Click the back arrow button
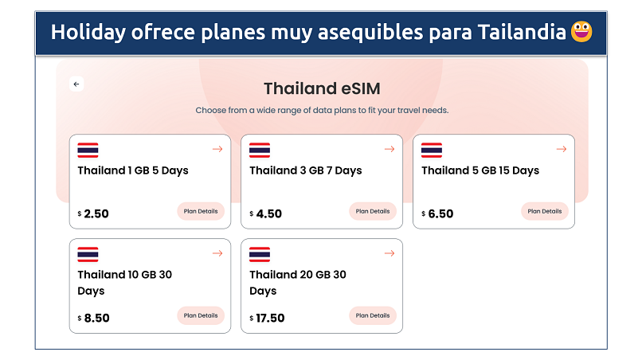pyautogui.click(x=76, y=84)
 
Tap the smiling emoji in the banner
pyautogui.click(x=581, y=32)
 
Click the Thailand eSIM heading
pyautogui.click(x=322, y=88)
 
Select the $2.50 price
pyautogui.click(x=93, y=213)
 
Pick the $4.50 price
pyautogui.click(x=266, y=213)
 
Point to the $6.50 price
pyautogui.click(x=437, y=213)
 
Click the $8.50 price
pyautogui.click(x=94, y=319)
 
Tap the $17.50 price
pyautogui.click(x=267, y=319)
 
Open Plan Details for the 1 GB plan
pyautogui.click(x=201, y=211)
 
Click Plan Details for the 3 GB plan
pyautogui.click(x=373, y=211)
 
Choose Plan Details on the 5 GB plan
pyautogui.click(x=545, y=211)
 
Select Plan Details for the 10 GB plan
pyautogui.click(x=201, y=315)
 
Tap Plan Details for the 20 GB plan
pyautogui.click(x=373, y=315)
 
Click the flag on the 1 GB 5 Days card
pyautogui.click(x=88, y=150)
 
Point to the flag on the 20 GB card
pyautogui.click(x=260, y=254)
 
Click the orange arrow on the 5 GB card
pyautogui.click(x=562, y=149)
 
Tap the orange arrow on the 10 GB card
pyautogui.click(x=217, y=253)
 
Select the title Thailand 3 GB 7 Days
pyautogui.click(x=306, y=170)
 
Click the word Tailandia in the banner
pyautogui.click(x=522, y=32)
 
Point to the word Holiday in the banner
pyautogui.click(x=88, y=33)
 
